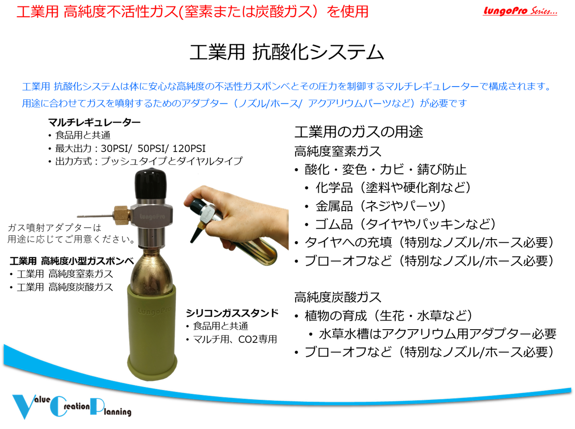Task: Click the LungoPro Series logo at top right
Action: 520,11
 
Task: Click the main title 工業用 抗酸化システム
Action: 287,52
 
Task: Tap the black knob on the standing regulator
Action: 150,184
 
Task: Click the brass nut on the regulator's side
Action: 122,215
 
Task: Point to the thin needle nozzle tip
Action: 78,216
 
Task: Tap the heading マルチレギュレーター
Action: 94,123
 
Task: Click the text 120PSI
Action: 189,148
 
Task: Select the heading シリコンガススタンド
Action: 232,313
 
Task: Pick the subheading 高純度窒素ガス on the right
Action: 338,151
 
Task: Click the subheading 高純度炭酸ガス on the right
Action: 338,297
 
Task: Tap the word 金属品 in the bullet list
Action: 334,206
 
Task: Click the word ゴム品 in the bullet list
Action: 334,224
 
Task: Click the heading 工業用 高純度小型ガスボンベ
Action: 72,261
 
